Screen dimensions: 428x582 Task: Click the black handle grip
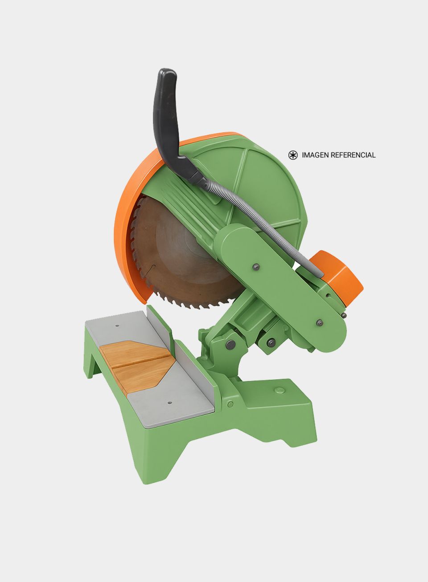click(x=166, y=117)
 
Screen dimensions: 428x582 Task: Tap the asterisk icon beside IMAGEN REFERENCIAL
click(x=293, y=155)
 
